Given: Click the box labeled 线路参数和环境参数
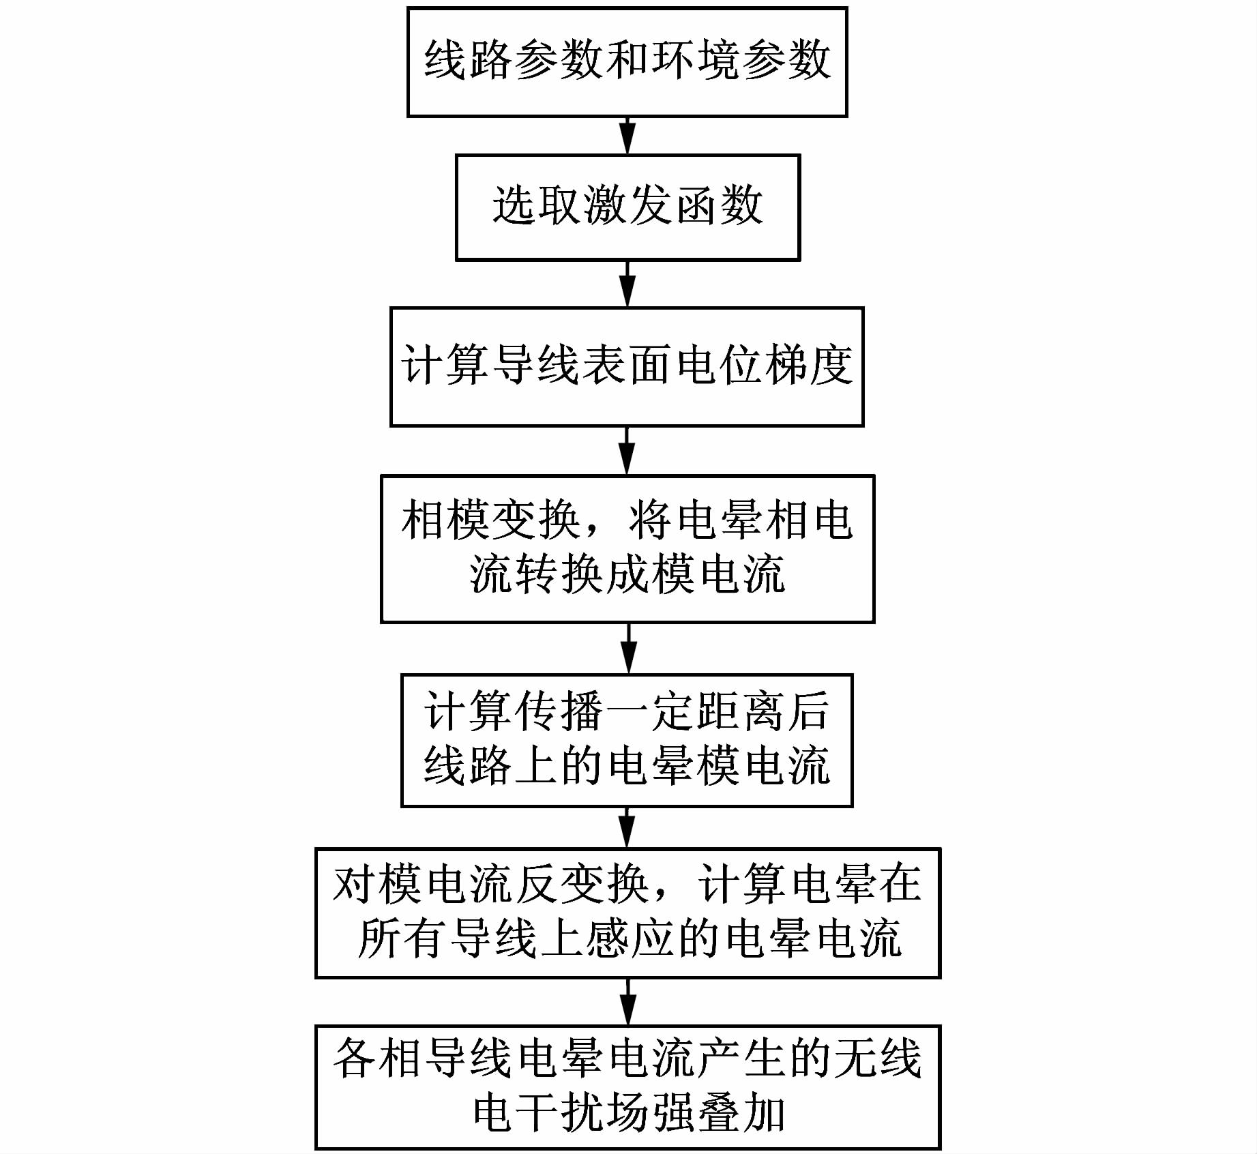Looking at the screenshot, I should tap(627, 62).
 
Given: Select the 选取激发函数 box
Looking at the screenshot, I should tap(627, 207).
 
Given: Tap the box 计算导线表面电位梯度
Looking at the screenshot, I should tap(627, 367).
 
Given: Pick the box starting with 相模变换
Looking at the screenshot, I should tap(627, 548).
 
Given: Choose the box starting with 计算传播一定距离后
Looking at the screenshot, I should tap(627, 740).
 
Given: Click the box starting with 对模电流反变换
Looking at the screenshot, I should tap(627, 913).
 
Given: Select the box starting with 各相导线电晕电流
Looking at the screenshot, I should tap(627, 1086).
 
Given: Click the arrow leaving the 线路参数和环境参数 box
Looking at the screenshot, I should tap(627, 136).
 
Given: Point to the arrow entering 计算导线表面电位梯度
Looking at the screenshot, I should tap(627, 284).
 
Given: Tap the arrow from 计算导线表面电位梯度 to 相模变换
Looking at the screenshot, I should tap(627, 451).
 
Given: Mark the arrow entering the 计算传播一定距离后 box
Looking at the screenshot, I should tap(628, 649).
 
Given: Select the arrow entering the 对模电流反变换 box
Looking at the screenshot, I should tap(627, 827).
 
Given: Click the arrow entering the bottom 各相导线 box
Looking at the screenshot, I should tap(627, 1001).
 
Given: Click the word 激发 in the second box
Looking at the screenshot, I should tap(627, 205).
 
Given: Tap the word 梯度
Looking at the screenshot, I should tap(809, 366).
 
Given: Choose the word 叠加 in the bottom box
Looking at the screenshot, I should tap(741, 1114).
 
